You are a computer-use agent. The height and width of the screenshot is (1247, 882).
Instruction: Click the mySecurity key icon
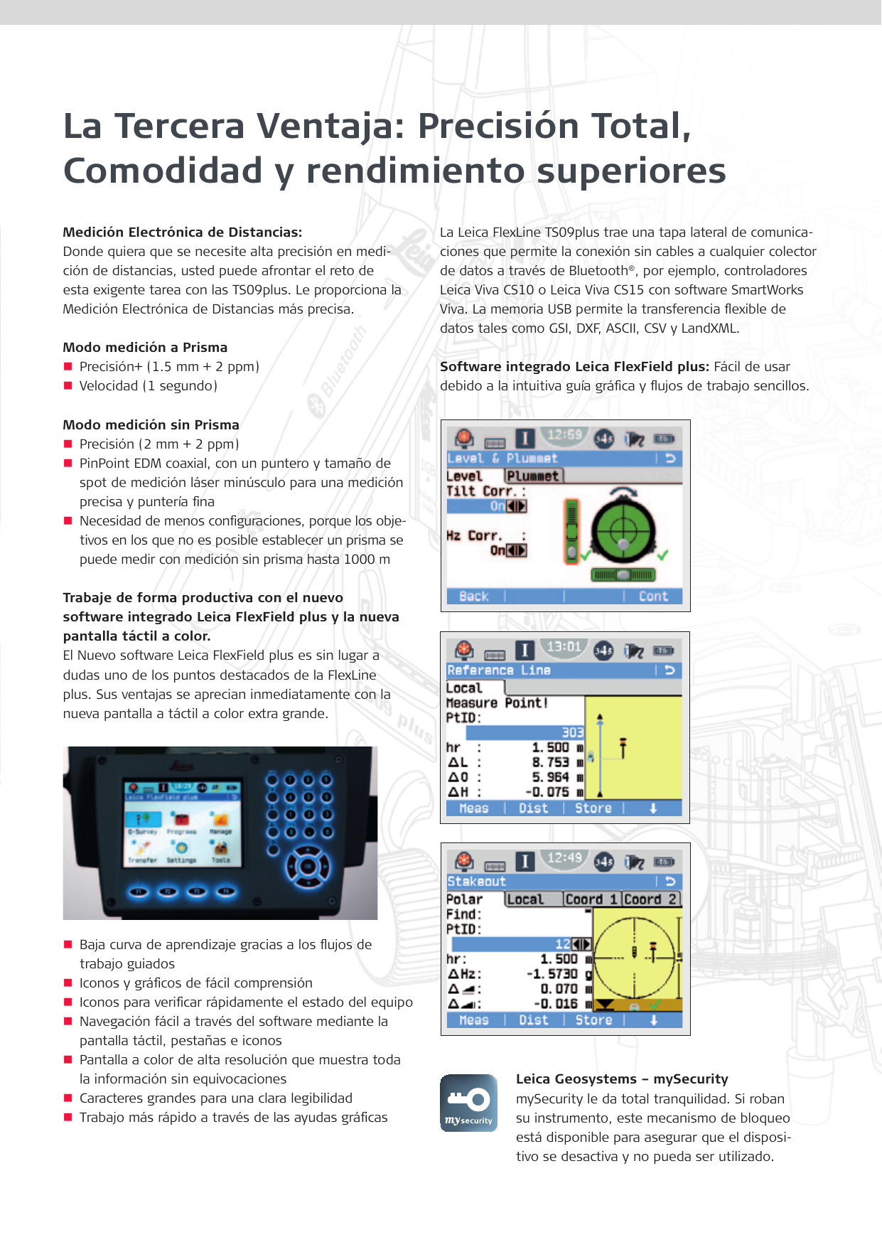468,1103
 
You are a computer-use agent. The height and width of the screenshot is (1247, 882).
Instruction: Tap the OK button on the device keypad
308,867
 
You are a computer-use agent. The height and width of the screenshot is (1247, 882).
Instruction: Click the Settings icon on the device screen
181,849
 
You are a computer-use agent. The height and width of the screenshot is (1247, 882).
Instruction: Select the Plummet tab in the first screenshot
534,476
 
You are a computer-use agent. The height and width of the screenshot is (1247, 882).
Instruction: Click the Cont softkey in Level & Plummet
653,596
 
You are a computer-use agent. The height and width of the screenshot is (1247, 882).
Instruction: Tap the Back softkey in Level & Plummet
474,596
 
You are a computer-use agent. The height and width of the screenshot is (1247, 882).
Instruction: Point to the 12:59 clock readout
565,434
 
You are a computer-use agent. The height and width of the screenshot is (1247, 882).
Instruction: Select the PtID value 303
572,732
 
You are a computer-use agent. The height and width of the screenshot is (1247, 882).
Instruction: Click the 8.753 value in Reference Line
551,762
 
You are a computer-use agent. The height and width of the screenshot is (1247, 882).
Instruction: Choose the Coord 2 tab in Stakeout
650,899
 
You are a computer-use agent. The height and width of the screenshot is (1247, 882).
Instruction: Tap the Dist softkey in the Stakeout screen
534,1020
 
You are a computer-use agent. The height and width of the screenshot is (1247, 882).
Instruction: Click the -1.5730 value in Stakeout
552,974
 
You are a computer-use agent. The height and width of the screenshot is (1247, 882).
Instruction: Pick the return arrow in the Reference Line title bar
669,670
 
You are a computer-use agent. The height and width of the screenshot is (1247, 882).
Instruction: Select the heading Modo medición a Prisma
145,348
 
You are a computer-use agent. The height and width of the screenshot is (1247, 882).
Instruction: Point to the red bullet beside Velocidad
68,386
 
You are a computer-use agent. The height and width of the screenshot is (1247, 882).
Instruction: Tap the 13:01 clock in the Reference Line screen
564,647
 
